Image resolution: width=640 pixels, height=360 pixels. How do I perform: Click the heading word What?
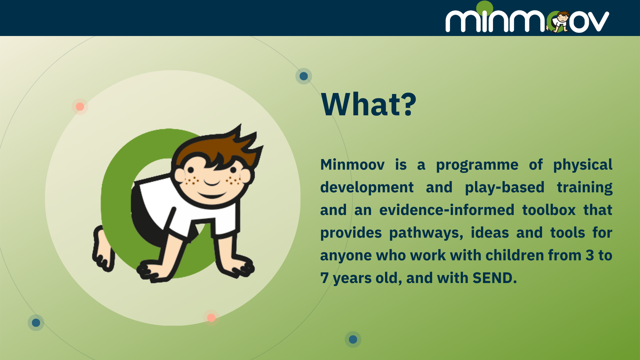pos(368,104)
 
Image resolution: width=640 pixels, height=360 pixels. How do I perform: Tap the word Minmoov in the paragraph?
pos(352,165)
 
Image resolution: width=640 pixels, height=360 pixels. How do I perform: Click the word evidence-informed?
pos(447,210)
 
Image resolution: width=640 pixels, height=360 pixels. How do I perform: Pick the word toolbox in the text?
pos(549,210)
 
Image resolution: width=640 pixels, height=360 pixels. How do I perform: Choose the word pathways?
pos(426,233)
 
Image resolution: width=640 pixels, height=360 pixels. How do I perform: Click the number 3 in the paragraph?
pos(590,255)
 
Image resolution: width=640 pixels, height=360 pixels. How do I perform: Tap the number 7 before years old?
pos(325,278)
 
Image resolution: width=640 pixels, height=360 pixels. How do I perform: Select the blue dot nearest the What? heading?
pos(304,76)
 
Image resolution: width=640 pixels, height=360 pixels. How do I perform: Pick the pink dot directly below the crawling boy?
pos(211,318)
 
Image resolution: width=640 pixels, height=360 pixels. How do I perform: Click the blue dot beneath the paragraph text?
pos(353,339)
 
